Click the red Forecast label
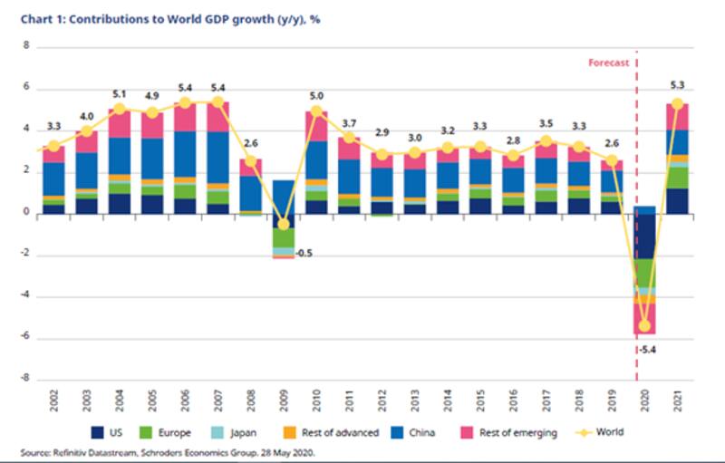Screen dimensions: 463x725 (x=608, y=63)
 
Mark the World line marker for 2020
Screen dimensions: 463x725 (x=645, y=325)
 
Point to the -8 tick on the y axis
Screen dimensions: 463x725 (x=27, y=379)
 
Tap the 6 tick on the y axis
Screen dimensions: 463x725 (x=27, y=88)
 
